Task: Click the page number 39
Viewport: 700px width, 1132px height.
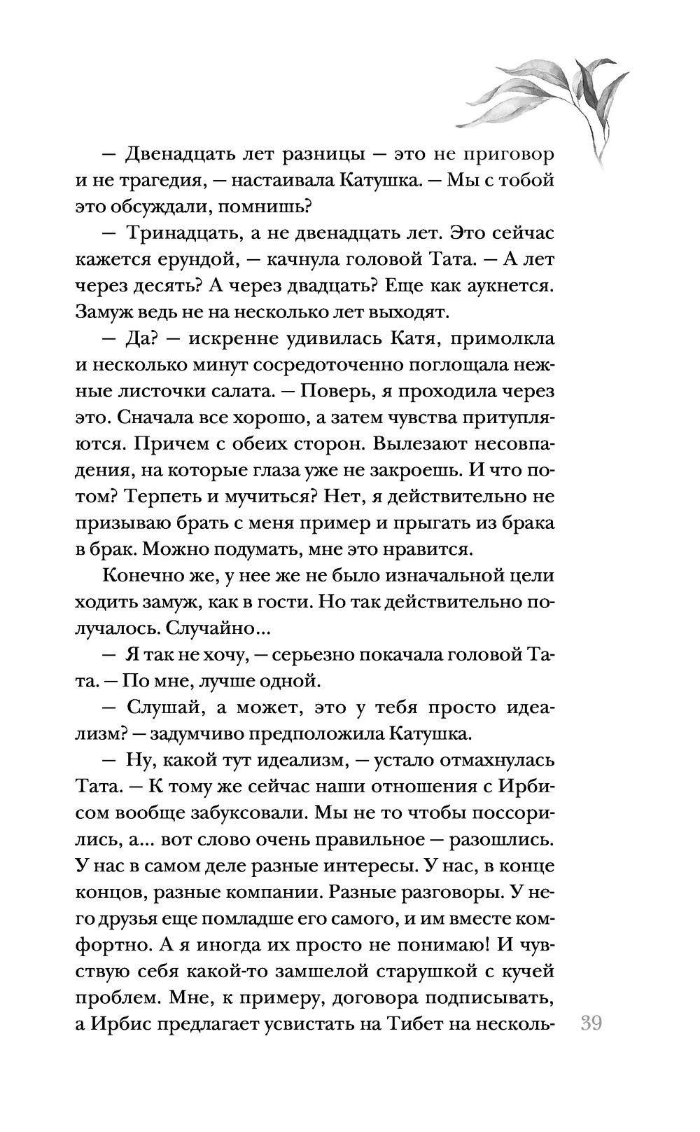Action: pyautogui.click(x=591, y=1023)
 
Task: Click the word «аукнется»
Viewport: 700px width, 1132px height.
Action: pyautogui.click(x=500, y=285)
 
